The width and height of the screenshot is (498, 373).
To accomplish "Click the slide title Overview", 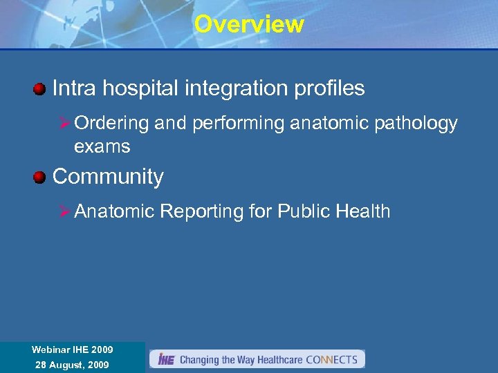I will pos(249,24).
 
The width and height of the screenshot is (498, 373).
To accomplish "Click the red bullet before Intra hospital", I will pos(39,88).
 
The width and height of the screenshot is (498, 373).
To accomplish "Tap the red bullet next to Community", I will pos(39,177).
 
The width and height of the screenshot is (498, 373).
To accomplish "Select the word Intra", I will pos(75,88).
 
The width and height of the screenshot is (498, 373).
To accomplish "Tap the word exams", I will pos(102,146).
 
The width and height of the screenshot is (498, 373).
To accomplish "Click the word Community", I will pos(108,177).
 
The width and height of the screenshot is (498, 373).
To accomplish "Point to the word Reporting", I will pos(202,211).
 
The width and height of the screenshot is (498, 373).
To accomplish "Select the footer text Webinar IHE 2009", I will pos(72,350).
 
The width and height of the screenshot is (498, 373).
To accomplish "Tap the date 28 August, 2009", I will pos(72,365).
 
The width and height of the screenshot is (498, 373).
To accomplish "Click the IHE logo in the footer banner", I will pos(166,359).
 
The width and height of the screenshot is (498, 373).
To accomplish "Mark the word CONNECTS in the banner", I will pos(331,360).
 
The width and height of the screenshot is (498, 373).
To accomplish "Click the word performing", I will pos(229,124).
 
